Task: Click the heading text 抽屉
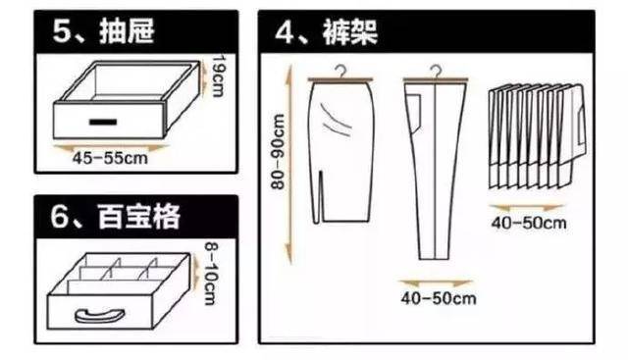click(x=127, y=30)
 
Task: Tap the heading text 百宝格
click(x=139, y=216)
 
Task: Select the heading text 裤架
click(x=350, y=32)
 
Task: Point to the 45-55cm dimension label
click(x=110, y=158)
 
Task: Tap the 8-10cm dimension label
click(x=211, y=273)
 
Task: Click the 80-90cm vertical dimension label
click(x=278, y=151)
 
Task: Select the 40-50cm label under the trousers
click(x=439, y=298)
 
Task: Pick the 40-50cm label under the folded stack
click(x=529, y=223)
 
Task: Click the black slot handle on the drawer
click(x=103, y=122)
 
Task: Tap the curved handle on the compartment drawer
click(x=100, y=315)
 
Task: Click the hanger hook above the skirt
click(x=340, y=72)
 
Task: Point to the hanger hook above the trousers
click(x=436, y=72)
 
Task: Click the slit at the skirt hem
click(x=321, y=196)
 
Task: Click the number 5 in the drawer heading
click(x=61, y=30)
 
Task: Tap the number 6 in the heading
click(x=60, y=217)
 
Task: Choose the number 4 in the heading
click(x=285, y=32)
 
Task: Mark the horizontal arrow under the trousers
click(x=436, y=283)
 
